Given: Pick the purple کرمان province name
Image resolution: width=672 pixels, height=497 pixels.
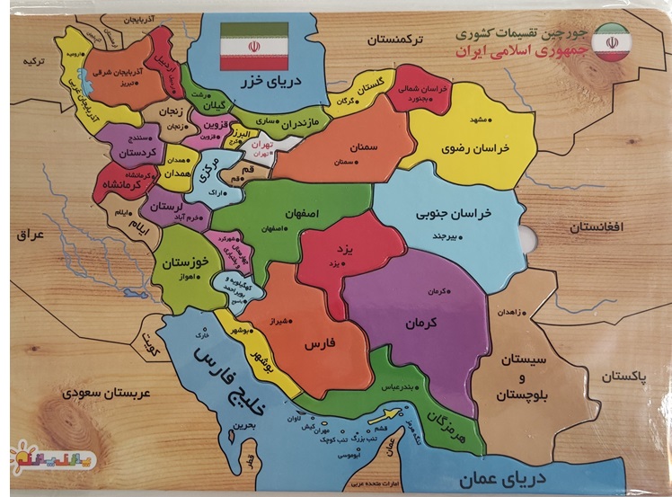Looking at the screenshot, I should (422, 321).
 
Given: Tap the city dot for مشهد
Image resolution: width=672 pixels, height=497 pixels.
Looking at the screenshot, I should (469, 120).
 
